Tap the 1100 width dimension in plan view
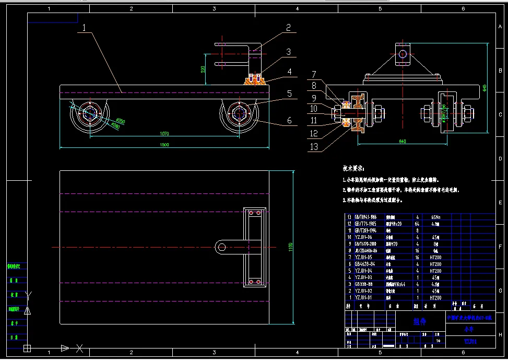(291, 247)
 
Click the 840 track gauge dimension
(402, 141)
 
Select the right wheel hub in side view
(240, 112)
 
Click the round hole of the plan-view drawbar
(221, 247)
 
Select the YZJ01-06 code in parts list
(364, 237)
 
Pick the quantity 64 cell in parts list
(417, 224)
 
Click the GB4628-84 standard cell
(364, 264)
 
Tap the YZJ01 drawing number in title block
(471, 341)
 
